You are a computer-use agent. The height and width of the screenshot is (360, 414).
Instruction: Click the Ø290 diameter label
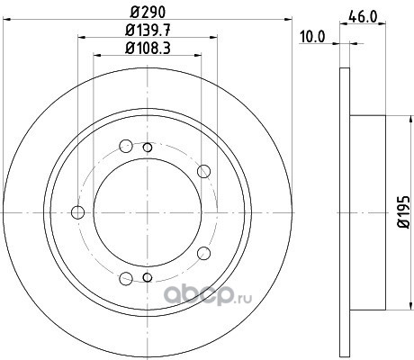tap(148, 13)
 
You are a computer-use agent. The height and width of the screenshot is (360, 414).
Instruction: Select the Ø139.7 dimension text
tap(148, 31)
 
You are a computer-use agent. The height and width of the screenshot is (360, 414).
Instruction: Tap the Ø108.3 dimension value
tap(148, 49)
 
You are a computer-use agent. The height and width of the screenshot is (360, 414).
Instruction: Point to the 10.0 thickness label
tap(312, 37)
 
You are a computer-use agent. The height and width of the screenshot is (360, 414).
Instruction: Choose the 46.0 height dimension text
tap(363, 17)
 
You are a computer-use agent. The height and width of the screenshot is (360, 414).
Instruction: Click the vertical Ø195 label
tap(404, 212)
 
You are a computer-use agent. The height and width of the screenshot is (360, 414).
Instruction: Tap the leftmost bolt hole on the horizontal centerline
tap(78, 212)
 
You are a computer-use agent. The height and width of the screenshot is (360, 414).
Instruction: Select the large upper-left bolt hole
tap(126, 146)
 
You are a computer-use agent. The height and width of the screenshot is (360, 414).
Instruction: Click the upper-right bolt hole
tap(203, 171)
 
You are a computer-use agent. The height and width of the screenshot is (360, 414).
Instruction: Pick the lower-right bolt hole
tap(203, 254)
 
